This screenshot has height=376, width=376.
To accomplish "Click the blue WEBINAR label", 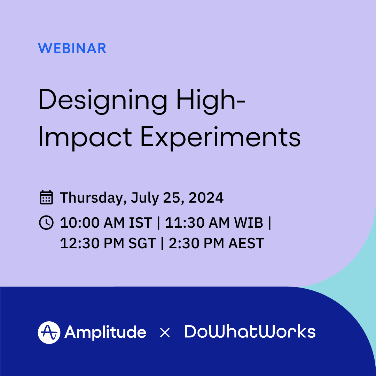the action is pyautogui.click(x=72, y=48).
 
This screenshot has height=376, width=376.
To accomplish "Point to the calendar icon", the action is pyautogui.click(x=46, y=197).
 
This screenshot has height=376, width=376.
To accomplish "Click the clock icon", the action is pyautogui.click(x=46, y=222).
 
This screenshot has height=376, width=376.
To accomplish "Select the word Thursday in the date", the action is pyautogui.click(x=93, y=198).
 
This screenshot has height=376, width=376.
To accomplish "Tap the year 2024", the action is pyautogui.click(x=206, y=198).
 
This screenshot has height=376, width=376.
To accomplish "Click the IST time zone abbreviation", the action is pyautogui.click(x=141, y=223).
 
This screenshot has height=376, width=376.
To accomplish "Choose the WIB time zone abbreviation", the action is pyautogui.click(x=248, y=223).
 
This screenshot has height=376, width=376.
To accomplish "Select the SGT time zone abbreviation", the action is pyautogui.click(x=142, y=243).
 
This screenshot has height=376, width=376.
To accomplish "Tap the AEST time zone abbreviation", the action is pyautogui.click(x=246, y=243).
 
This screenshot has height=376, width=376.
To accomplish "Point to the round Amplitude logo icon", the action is pyautogui.click(x=49, y=332).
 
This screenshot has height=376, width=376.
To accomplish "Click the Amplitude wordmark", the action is pyautogui.click(x=105, y=332).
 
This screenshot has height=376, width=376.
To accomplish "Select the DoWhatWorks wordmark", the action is pyautogui.click(x=250, y=332).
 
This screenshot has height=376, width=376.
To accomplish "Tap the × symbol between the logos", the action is pyautogui.click(x=165, y=332).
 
